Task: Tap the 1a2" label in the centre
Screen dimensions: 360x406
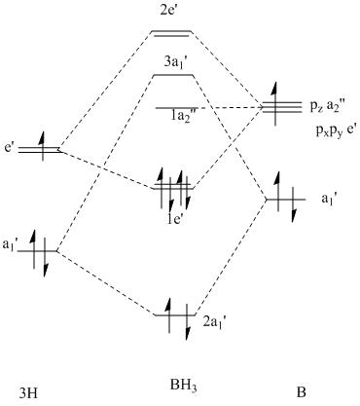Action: click(183, 116)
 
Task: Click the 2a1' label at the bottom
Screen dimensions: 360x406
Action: click(214, 322)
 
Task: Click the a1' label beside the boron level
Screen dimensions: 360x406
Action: click(330, 200)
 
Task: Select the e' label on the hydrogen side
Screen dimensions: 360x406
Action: click(9, 148)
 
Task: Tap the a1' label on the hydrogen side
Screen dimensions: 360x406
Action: click(11, 245)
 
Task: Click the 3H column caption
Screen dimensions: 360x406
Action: click(28, 393)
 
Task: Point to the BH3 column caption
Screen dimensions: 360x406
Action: click(183, 387)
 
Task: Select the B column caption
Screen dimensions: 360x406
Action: click(301, 392)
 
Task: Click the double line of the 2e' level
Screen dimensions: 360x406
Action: click(172, 33)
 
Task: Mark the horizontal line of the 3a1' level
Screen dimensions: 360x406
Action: click(173, 76)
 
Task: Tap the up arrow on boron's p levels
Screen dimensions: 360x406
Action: click(275, 103)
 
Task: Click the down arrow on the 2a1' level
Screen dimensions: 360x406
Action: click(187, 322)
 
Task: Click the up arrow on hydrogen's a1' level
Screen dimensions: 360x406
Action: click(33, 249)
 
